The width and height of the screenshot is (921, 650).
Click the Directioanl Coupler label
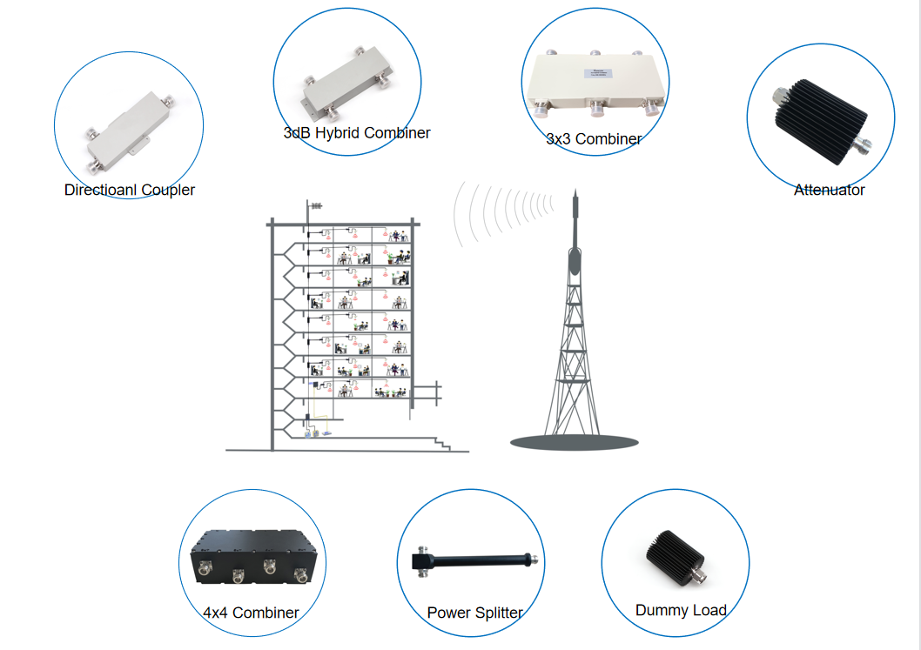pyautogui.click(x=130, y=190)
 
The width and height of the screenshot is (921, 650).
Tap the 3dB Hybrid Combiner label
pyautogui.click(x=357, y=133)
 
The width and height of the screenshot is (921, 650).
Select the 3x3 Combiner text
pyautogui.click(x=594, y=138)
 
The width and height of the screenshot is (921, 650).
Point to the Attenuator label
pyautogui.click(x=829, y=190)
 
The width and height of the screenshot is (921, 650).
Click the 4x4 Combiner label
pyautogui.click(x=251, y=613)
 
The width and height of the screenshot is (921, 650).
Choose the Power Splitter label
pyautogui.click(x=474, y=613)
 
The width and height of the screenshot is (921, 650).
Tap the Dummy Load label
pyautogui.click(x=681, y=610)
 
